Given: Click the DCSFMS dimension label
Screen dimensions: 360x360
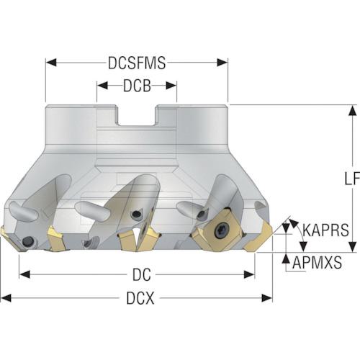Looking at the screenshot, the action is [x=137, y=63].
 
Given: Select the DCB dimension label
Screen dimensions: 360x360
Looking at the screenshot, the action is [x=137, y=86].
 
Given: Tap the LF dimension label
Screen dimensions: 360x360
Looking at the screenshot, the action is [x=352, y=179].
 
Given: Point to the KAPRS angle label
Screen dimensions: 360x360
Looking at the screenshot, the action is [x=325, y=230].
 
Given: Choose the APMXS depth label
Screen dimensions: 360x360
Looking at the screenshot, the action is [x=317, y=262].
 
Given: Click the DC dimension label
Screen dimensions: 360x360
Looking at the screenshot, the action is [x=142, y=274].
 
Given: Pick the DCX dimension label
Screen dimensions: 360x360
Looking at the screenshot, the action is [x=140, y=298].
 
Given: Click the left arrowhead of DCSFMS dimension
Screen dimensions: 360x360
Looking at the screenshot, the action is [x=51, y=63].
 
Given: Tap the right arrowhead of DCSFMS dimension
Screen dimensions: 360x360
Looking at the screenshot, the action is [x=222, y=63].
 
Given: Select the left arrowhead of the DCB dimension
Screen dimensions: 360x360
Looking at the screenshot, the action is [x=102, y=86].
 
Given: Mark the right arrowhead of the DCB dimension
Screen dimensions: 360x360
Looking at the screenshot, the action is [x=171, y=86].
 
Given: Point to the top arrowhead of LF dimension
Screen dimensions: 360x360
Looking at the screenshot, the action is [x=352, y=111].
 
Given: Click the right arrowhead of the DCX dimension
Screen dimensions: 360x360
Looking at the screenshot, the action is [x=267, y=298].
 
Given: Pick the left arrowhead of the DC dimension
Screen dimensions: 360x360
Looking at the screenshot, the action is [x=24, y=274].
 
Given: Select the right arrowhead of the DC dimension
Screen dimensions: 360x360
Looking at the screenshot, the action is [x=249, y=274].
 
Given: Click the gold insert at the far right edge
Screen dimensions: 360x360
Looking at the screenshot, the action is [x=258, y=238].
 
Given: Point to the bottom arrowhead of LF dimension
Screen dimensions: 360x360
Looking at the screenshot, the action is [x=352, y=247].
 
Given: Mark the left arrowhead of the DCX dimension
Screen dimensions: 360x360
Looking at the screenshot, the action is [x=6, y=298].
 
